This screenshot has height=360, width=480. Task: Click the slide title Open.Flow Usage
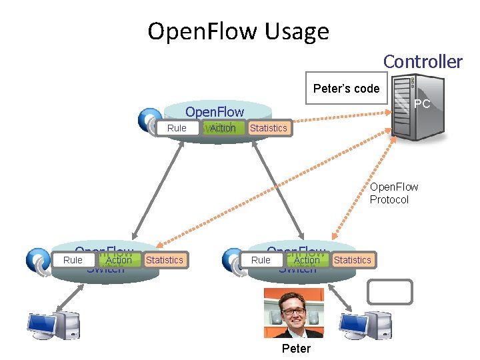pos(238,31)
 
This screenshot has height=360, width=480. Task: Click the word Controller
pos(422,61)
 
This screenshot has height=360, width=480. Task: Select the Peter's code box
pos(346,88)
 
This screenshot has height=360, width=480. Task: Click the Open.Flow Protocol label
pos(394,193)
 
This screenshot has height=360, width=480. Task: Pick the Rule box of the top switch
pos(177,128)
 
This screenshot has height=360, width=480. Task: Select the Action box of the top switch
pos(223,128)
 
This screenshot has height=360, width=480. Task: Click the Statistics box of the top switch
pos(268,128)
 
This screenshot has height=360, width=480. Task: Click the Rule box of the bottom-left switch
pos(73,260)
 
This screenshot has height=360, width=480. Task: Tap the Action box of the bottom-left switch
pos(119,260)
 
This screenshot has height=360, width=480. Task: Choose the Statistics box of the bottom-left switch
pos(164,260)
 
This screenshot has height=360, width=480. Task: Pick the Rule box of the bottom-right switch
pos(261,260)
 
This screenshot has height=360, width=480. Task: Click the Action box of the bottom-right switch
pos(307,260)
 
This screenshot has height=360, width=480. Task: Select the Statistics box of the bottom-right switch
pos(352,260)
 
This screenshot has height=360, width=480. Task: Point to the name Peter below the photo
pos(296,349)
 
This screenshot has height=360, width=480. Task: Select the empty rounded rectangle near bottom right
pos(390,292)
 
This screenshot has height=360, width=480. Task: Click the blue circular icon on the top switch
pos(149,120)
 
